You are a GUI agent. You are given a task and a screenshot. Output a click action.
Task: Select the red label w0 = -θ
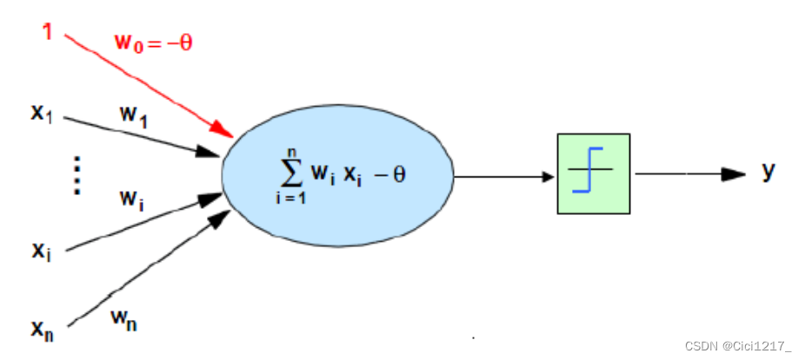[153, 41]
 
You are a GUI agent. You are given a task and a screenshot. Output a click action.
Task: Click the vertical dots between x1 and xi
[77, 174]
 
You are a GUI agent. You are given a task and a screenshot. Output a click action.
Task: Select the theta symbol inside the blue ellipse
[399, 175]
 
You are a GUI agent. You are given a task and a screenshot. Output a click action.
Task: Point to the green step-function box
[593, 173]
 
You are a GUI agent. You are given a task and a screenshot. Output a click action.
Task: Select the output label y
[768, 171]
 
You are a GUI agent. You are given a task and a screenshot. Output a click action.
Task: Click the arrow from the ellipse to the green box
[504, 175]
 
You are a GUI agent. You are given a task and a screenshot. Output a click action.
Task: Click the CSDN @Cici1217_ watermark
[738, 345]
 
